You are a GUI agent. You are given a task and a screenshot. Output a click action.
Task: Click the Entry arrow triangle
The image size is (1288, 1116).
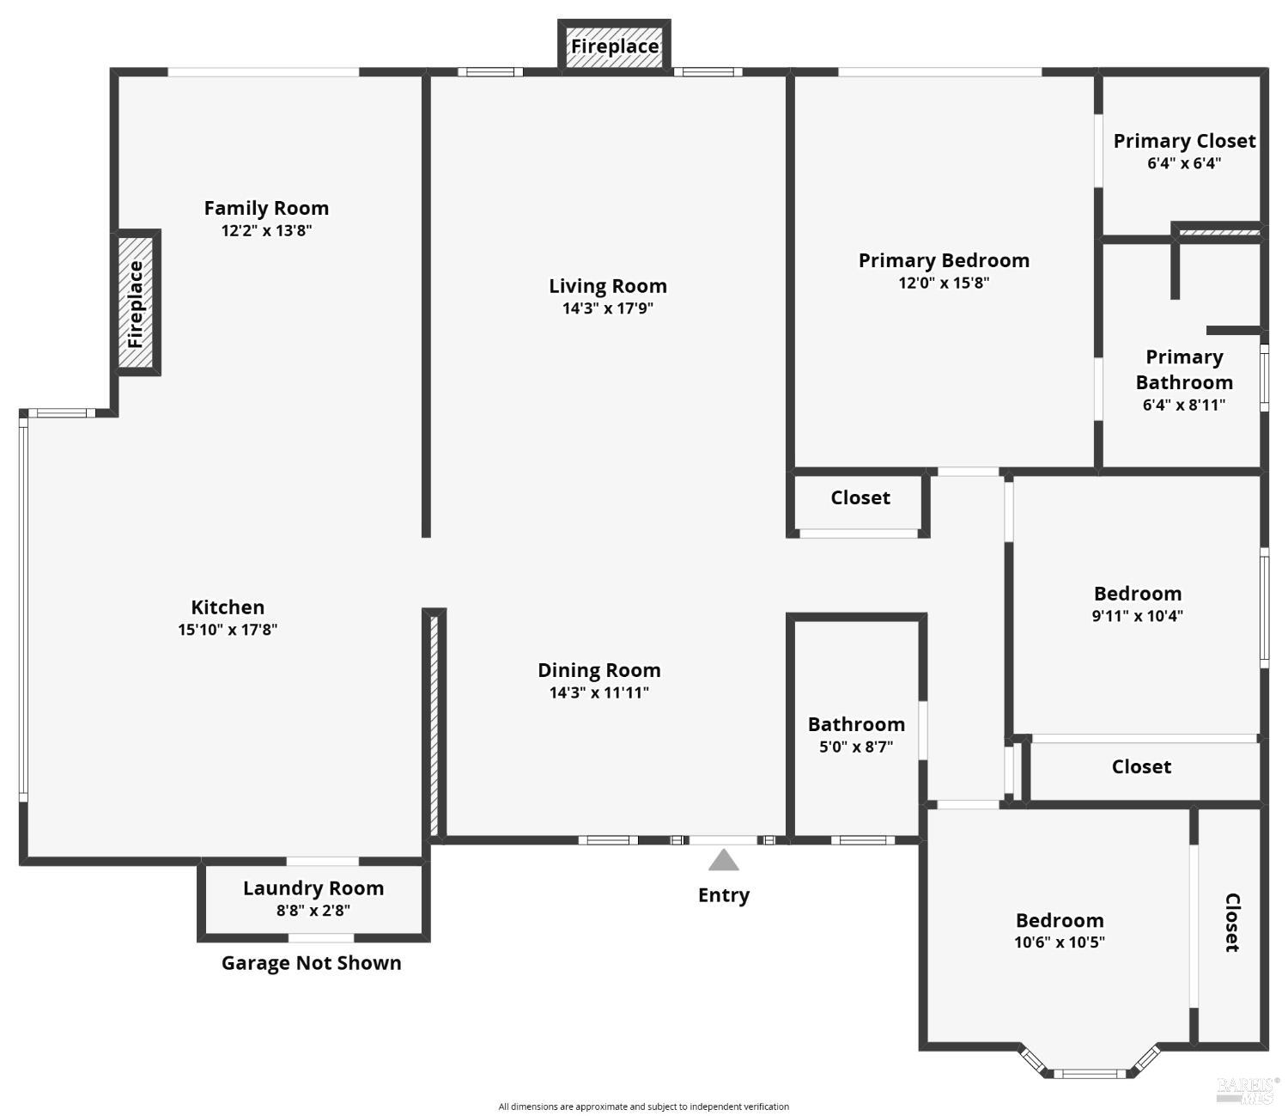click(x=724, y=861)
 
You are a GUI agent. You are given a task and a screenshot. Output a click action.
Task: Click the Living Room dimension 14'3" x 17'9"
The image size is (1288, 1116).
click(x=608, y=308)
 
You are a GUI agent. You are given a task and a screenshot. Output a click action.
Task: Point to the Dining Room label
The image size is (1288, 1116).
click(x=599, y=670)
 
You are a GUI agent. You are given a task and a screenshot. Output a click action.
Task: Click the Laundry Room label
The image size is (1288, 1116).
click(x=313, y=888)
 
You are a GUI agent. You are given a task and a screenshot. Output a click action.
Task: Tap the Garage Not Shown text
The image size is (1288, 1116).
click(x=312, y=963)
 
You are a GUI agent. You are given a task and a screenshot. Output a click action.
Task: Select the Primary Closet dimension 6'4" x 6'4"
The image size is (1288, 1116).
click(x=1184, y=163)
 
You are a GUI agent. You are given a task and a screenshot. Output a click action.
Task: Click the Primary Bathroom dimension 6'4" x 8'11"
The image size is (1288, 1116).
click(x=1184, y=405)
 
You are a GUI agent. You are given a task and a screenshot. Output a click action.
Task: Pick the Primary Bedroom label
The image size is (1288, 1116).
click(x=944, y=260)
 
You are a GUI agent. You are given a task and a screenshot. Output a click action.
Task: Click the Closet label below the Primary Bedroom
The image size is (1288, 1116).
click(x=860, y=498)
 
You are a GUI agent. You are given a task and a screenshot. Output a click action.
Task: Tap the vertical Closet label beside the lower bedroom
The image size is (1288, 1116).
click(x=1231, y=923)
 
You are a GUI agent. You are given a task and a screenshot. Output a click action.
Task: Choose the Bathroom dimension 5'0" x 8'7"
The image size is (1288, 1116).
click(x=856, y=747)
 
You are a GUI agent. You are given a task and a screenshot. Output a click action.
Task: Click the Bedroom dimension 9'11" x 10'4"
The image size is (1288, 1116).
click(x=1138, y=616)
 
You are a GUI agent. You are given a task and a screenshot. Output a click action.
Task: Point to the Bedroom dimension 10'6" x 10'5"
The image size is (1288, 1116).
click(x=1060, y=942)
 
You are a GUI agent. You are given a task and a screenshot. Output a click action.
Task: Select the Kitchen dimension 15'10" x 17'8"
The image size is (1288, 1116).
click(x=228, y=630)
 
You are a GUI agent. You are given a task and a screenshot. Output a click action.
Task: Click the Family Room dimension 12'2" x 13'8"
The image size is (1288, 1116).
click(x=266, y=230)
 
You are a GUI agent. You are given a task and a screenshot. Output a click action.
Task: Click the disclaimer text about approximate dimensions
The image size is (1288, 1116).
click(x=644, y=1107)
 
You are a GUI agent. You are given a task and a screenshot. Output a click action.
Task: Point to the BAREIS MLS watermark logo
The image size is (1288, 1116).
click(x=1247, y=1089)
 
